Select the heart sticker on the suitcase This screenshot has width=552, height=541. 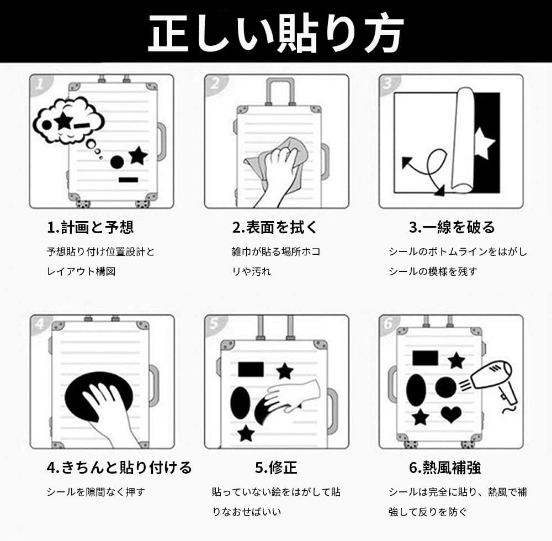coord(451,414)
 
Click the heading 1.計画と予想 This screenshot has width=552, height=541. coord(90,227)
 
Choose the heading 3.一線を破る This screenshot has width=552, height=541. coord(452,227)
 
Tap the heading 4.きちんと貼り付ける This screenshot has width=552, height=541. coord(119,468)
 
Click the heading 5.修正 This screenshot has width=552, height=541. coord(275,468)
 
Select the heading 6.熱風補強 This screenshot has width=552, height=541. coord(445,468)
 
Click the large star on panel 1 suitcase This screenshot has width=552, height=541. coord(138,156)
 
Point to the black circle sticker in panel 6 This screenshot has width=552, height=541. coord(445,387)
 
